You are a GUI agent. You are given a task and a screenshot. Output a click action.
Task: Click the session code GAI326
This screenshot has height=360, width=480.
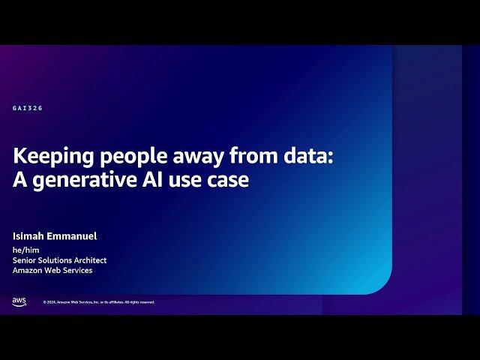[x=28, y=108]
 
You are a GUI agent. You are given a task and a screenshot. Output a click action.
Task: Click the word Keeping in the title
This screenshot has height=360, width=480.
[x=47, y=156]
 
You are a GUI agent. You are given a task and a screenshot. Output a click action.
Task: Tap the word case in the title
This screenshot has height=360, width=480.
[x=229, y=180]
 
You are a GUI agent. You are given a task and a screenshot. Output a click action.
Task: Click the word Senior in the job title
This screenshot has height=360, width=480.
[x=27, y=260]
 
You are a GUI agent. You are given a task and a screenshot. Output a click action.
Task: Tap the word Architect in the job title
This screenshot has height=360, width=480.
[x=89, y=260]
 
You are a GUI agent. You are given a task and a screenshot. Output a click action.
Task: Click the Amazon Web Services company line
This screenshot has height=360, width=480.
[x=52, y=270]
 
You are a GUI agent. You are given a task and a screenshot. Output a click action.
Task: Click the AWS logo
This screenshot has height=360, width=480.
[x=19, y=301]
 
